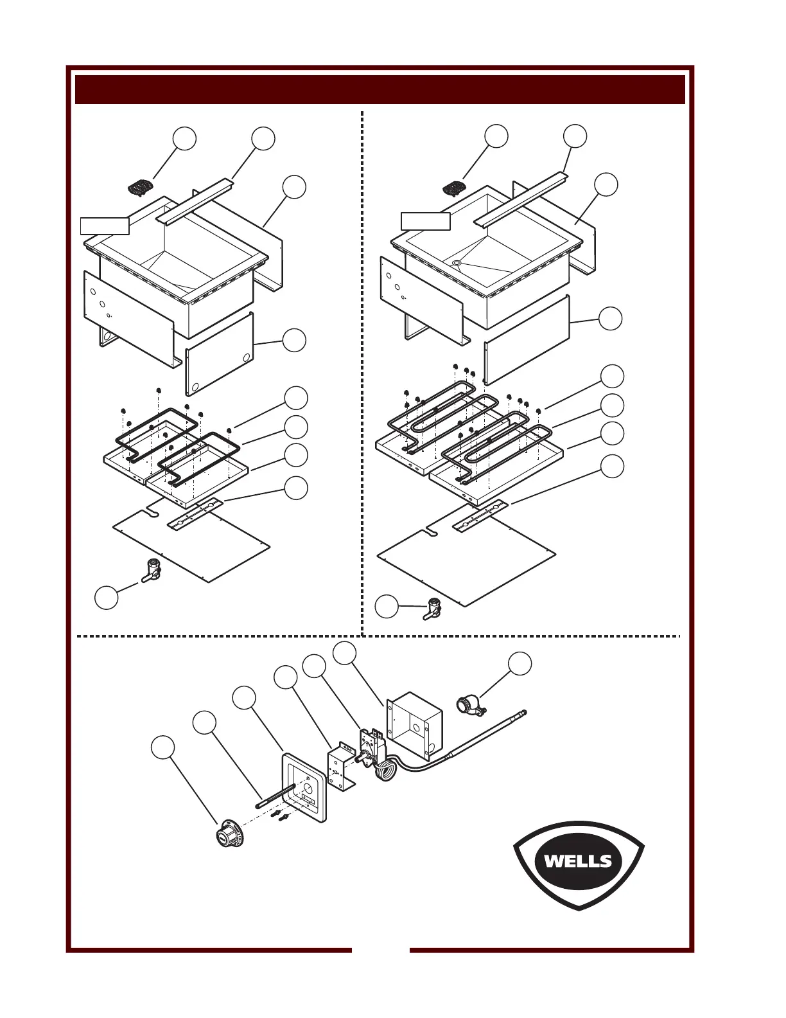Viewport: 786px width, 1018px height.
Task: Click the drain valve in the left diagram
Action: point(151,571)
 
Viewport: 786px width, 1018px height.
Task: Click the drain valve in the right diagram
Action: point(433,609)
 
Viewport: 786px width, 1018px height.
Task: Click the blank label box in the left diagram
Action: point(105,226)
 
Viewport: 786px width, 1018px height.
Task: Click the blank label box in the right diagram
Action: point(426,221)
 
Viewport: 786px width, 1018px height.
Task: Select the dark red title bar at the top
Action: point(380,89)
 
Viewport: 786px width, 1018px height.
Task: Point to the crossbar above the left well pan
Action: point(196,201)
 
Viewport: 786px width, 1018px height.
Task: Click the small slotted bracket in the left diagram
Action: point(195,514)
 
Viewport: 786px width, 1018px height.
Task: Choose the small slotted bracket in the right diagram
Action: point(480,515)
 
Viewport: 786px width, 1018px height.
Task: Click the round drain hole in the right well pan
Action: point(457,263)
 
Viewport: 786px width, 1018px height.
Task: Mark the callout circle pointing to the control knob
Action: point(163,747)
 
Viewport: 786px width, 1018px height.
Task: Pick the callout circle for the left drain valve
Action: point(106,597)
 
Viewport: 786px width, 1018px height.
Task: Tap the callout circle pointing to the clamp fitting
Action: point(520,663)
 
